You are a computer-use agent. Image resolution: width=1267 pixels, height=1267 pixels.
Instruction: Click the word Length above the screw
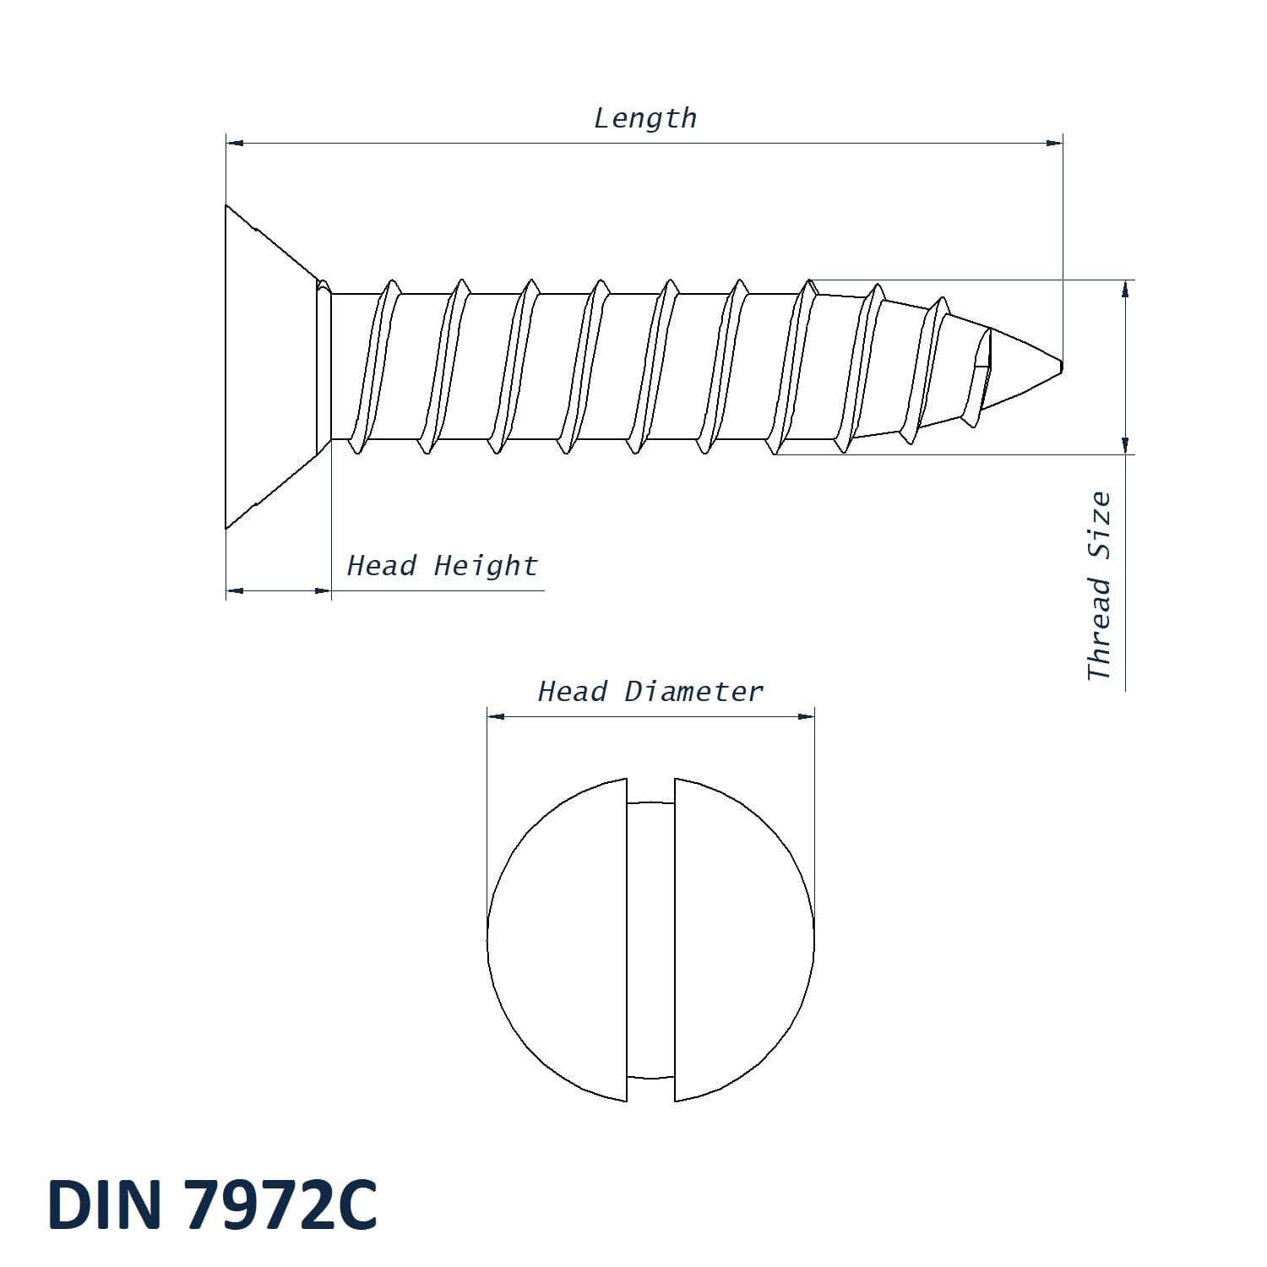(x=645, y=118)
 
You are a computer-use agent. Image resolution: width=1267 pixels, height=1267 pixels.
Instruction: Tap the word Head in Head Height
(x=382, y=565)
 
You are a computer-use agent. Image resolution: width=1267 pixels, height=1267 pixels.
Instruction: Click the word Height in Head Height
(x=486, y=565)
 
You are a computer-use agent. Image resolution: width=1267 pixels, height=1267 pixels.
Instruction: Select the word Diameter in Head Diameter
(x=693, y=692)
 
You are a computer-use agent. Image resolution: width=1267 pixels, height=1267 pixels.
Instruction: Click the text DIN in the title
(x=105, y=1204)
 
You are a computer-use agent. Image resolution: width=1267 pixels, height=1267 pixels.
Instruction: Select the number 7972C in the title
(x=280, y=1204)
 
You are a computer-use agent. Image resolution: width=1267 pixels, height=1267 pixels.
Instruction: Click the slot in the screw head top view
(x=650, y=939)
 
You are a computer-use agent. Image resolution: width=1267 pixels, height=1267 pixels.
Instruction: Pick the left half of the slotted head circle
(x=557, y=939)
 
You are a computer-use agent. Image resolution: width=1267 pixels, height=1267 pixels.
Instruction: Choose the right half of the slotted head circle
(x=743, y=939)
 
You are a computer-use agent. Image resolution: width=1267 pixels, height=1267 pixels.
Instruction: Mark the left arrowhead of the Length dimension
(x=235, y=144)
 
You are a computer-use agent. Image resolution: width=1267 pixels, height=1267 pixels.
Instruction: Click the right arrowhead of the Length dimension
(x=1054, y=144)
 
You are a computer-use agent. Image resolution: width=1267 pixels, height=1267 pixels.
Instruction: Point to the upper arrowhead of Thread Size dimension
(x=1125, y=289)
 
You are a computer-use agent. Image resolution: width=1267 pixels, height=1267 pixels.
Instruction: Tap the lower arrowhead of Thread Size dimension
(x=1125, y=445)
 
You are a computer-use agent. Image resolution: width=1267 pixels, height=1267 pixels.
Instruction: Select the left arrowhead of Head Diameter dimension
(x=496, y=716)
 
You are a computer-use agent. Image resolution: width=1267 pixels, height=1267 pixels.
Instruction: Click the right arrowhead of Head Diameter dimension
(x=807, y=716)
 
